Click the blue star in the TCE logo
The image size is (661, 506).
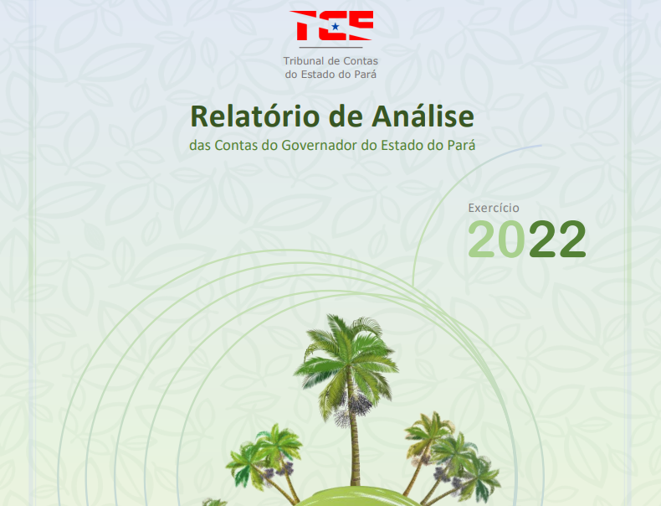click(x=336, y=27)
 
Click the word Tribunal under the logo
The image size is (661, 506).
click(x=304, y=61)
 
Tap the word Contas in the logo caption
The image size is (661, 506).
click(x=361, y=61)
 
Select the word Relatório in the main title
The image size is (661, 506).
click(x=255, y=116)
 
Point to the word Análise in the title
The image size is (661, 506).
click(x=423, y=116)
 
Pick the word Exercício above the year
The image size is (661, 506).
click(x=494, y=208)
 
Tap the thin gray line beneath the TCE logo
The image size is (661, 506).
click(x=331, y=48)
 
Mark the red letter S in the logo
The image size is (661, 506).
click(x=360, y=25)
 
